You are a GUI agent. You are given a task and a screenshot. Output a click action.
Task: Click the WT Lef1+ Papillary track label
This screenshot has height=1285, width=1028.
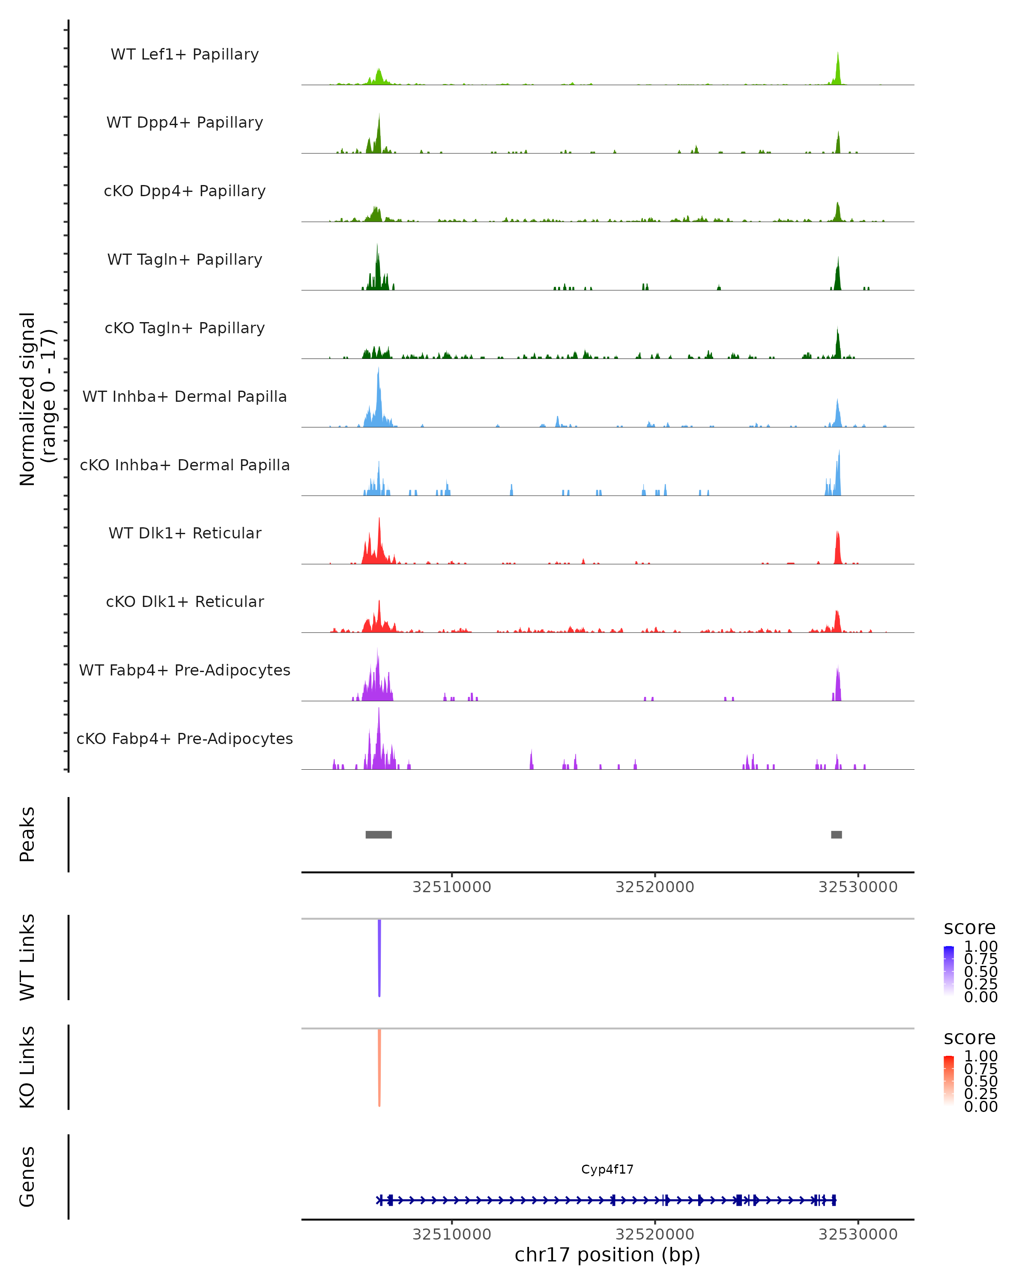tap(185, 54)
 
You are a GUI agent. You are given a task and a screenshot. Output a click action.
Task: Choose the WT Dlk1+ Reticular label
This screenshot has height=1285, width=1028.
tap(185, 533)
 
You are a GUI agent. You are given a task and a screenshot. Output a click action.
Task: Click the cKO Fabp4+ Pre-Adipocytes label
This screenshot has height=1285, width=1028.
tap(185, 738)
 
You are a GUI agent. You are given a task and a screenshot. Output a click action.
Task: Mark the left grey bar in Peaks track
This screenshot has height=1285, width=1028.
tap(378, 834)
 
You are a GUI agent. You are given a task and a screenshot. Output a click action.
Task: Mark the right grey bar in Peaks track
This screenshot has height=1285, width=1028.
tap(836, 834)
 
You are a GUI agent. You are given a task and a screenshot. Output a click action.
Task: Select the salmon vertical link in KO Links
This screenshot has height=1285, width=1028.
tap(379, 1067)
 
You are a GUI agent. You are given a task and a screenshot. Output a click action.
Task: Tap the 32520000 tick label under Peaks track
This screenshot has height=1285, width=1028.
tap(654, 887)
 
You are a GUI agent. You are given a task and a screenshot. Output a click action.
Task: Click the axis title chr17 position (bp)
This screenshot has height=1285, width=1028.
tap(607, 1255)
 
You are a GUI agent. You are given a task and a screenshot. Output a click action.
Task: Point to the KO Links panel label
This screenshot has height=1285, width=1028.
tap(27, 1067)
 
